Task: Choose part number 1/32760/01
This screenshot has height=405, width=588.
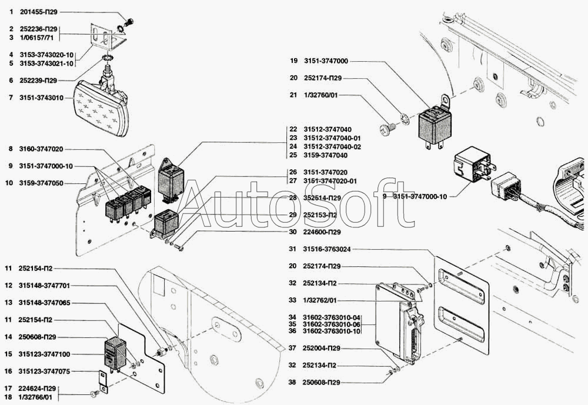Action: pos(323,95)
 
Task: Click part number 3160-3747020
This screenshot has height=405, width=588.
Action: pos(41,149)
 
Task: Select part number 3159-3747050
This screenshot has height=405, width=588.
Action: pos(41,183)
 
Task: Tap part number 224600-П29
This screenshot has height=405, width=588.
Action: pos(323,232)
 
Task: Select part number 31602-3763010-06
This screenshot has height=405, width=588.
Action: pos(332,324)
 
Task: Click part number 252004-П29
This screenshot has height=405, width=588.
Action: pos(323,349)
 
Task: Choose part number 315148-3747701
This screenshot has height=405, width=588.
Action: pos(44,286)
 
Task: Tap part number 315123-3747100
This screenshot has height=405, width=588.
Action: pos(44,354)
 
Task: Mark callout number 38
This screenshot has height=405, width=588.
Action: pos(293,383)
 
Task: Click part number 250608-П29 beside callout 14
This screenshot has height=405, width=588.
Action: pos(37,337)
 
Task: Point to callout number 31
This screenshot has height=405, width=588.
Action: pos(293,249)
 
